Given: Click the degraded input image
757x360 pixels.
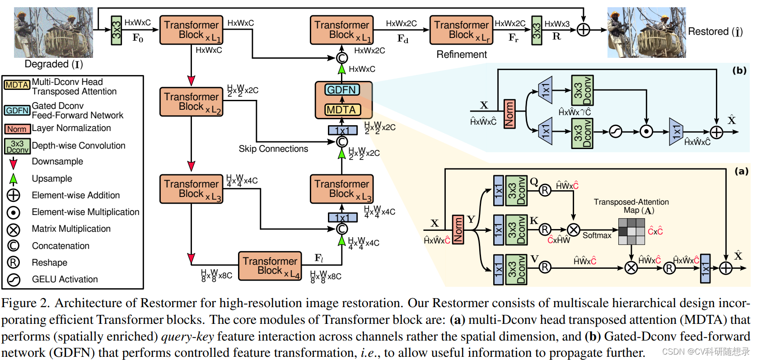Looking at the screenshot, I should (53, 33).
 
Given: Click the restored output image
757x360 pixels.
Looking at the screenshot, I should (646, 33).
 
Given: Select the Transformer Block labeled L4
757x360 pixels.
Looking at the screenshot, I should (270, 266).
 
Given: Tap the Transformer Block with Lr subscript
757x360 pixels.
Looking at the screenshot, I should (461, 30).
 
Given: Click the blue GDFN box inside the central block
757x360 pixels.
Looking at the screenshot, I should (342, 90).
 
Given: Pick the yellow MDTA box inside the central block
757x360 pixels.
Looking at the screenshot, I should (342, 110).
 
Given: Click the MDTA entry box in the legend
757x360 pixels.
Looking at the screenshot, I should (17, 85).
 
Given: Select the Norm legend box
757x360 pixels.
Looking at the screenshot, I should (17, 129).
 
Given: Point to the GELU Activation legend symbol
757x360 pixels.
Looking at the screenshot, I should (14, 280).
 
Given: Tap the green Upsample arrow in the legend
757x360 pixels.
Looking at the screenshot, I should (14, 179).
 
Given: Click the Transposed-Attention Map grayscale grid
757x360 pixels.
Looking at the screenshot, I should (631, 231).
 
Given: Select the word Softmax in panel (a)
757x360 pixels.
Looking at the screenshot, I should (597, 235).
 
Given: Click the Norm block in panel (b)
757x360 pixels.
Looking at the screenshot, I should (509, 114).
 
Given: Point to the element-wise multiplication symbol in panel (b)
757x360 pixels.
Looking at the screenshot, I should (646, 131).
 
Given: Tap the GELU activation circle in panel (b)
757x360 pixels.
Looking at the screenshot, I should (615, 131).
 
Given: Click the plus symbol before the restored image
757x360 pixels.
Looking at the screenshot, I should (584, 30).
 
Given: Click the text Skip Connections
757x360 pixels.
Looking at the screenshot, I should (273, 149).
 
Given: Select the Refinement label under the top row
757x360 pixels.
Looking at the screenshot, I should (461, 55).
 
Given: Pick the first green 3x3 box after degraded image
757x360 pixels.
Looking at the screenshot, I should (116, 30).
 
